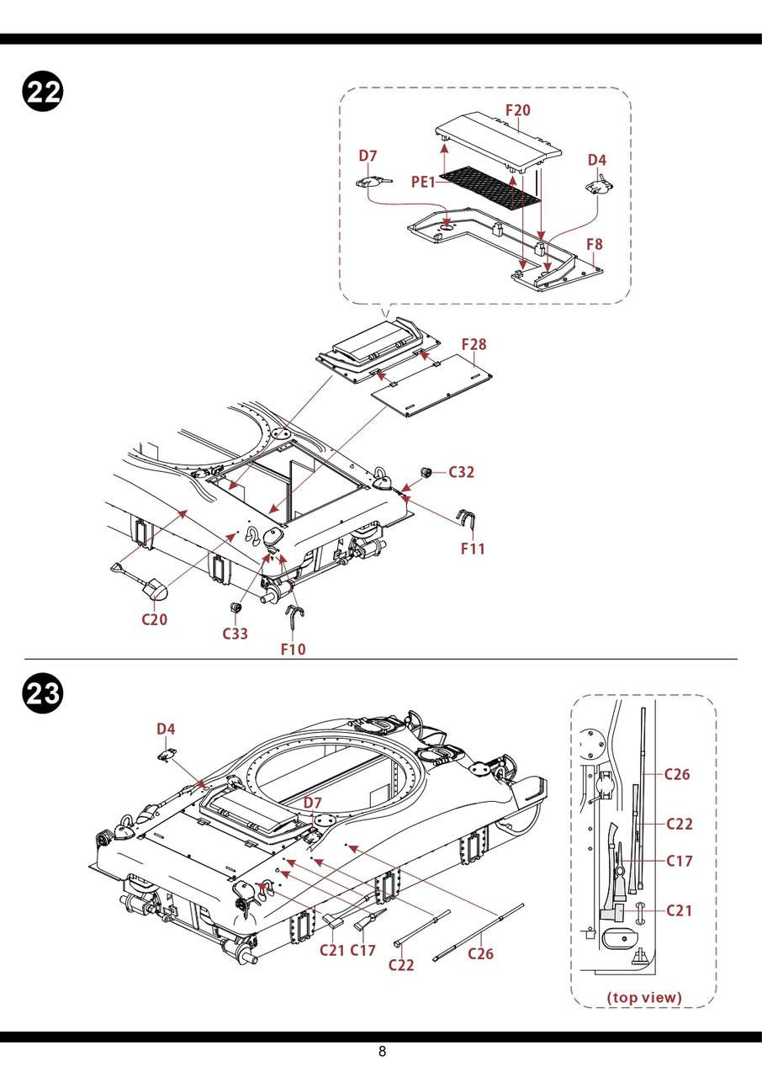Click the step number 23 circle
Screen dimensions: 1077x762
(40, 696)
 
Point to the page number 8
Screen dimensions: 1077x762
(382, 1051)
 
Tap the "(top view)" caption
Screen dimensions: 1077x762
(644, 998)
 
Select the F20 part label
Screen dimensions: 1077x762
(518, 110)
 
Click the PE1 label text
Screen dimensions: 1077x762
(423, 182)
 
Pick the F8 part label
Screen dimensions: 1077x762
(594, 244)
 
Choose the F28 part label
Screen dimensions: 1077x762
(474, 344)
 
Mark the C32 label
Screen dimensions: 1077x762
(461, 472)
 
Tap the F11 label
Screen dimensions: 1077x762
(474, 549)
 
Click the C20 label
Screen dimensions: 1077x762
(154, 620)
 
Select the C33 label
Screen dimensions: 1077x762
(235, 634)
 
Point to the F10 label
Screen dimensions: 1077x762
(294, 649)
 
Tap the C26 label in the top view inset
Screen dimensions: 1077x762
(677, 774)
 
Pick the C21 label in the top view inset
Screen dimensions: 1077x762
(680, 910)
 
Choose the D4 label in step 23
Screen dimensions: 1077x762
(167, 729)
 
